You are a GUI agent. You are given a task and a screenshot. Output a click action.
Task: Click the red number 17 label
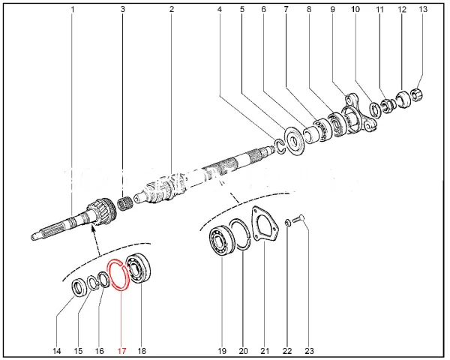[x=121, y=351]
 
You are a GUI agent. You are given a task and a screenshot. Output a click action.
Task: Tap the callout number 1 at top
[x=73, y=10]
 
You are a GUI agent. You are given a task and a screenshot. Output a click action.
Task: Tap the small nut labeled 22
[x=288, y=222]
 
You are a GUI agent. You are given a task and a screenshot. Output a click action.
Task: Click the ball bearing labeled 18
[x=139, y=268]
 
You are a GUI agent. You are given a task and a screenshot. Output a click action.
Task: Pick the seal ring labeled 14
[x=78, y=287]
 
